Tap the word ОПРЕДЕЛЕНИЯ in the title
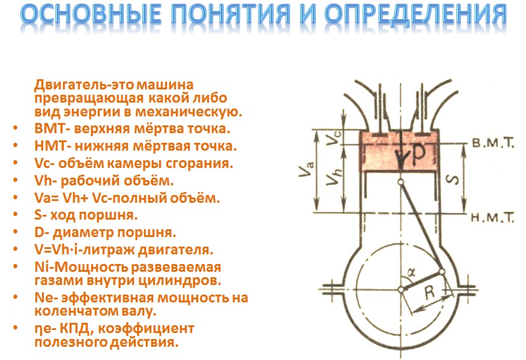[416, 15]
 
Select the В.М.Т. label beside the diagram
[493, 143]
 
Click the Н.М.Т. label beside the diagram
[492, 218]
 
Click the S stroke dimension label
[453, 179]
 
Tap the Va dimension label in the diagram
[307, 169]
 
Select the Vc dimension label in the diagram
[334, 137]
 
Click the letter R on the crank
[429, 292]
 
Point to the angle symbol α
[411, 272]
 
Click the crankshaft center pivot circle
[401, 289]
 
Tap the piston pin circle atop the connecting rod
[400, 182]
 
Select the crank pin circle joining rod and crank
[442, 271]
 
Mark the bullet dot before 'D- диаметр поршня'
[16, 232]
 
